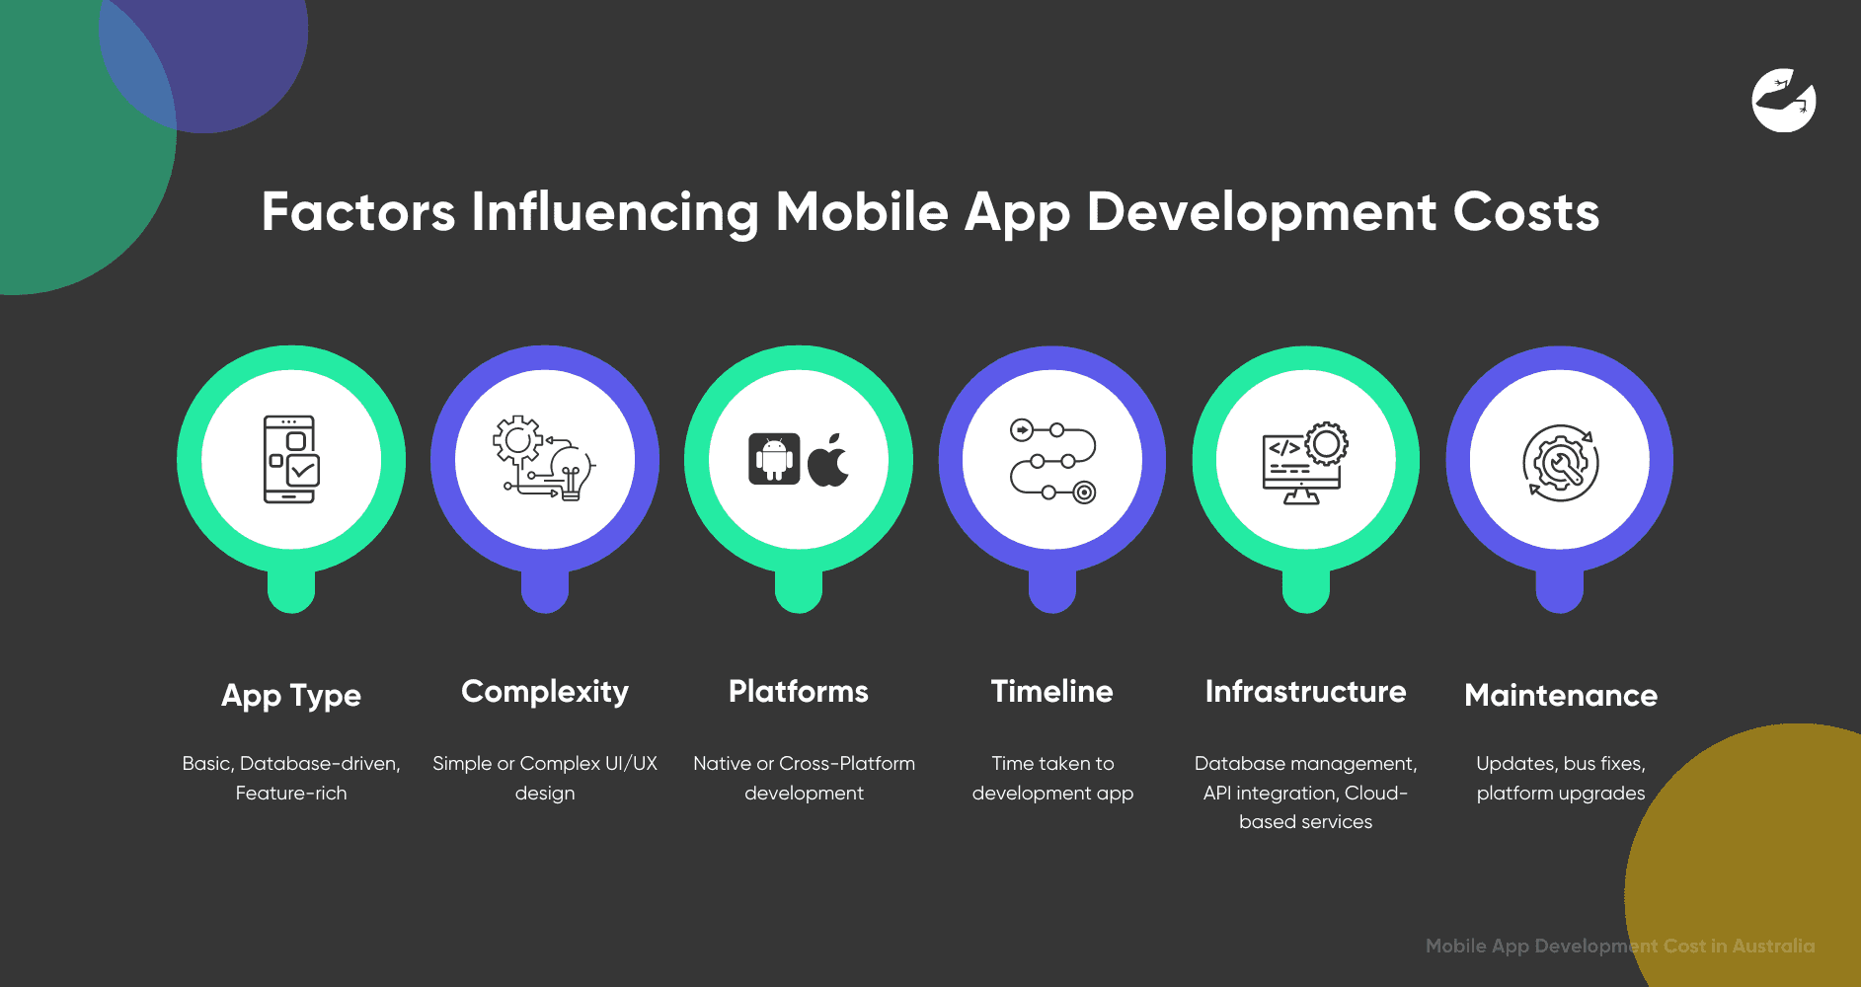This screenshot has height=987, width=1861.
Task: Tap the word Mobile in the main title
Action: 861,212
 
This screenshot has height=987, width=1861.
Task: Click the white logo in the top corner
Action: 1784,100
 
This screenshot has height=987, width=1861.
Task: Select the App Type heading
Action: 291,695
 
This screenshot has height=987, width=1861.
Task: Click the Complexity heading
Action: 545,691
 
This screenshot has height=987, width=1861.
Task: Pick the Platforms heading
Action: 799,691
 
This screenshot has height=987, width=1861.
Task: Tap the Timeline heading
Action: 1052,691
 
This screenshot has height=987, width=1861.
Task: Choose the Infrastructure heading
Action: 1305,691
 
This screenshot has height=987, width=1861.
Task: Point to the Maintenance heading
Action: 1561,695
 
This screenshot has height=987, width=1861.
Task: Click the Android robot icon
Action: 774,459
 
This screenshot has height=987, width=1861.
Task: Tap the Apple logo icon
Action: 828,460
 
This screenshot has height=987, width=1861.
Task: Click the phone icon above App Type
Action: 290,459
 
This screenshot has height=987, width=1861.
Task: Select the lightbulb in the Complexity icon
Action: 572,472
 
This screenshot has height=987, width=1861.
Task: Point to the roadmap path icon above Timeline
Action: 1052,460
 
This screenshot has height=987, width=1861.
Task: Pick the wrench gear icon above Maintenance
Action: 1560,462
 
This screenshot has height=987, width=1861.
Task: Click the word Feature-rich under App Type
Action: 291,793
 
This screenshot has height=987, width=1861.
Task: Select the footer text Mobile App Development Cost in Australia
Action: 1620,946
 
